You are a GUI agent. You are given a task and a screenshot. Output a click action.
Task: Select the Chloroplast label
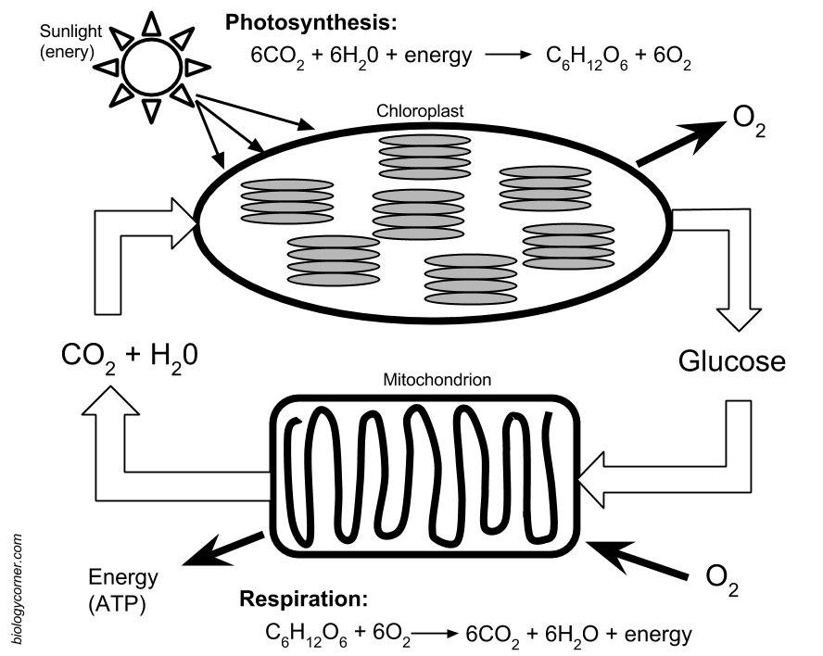click(x=420, y=111)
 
